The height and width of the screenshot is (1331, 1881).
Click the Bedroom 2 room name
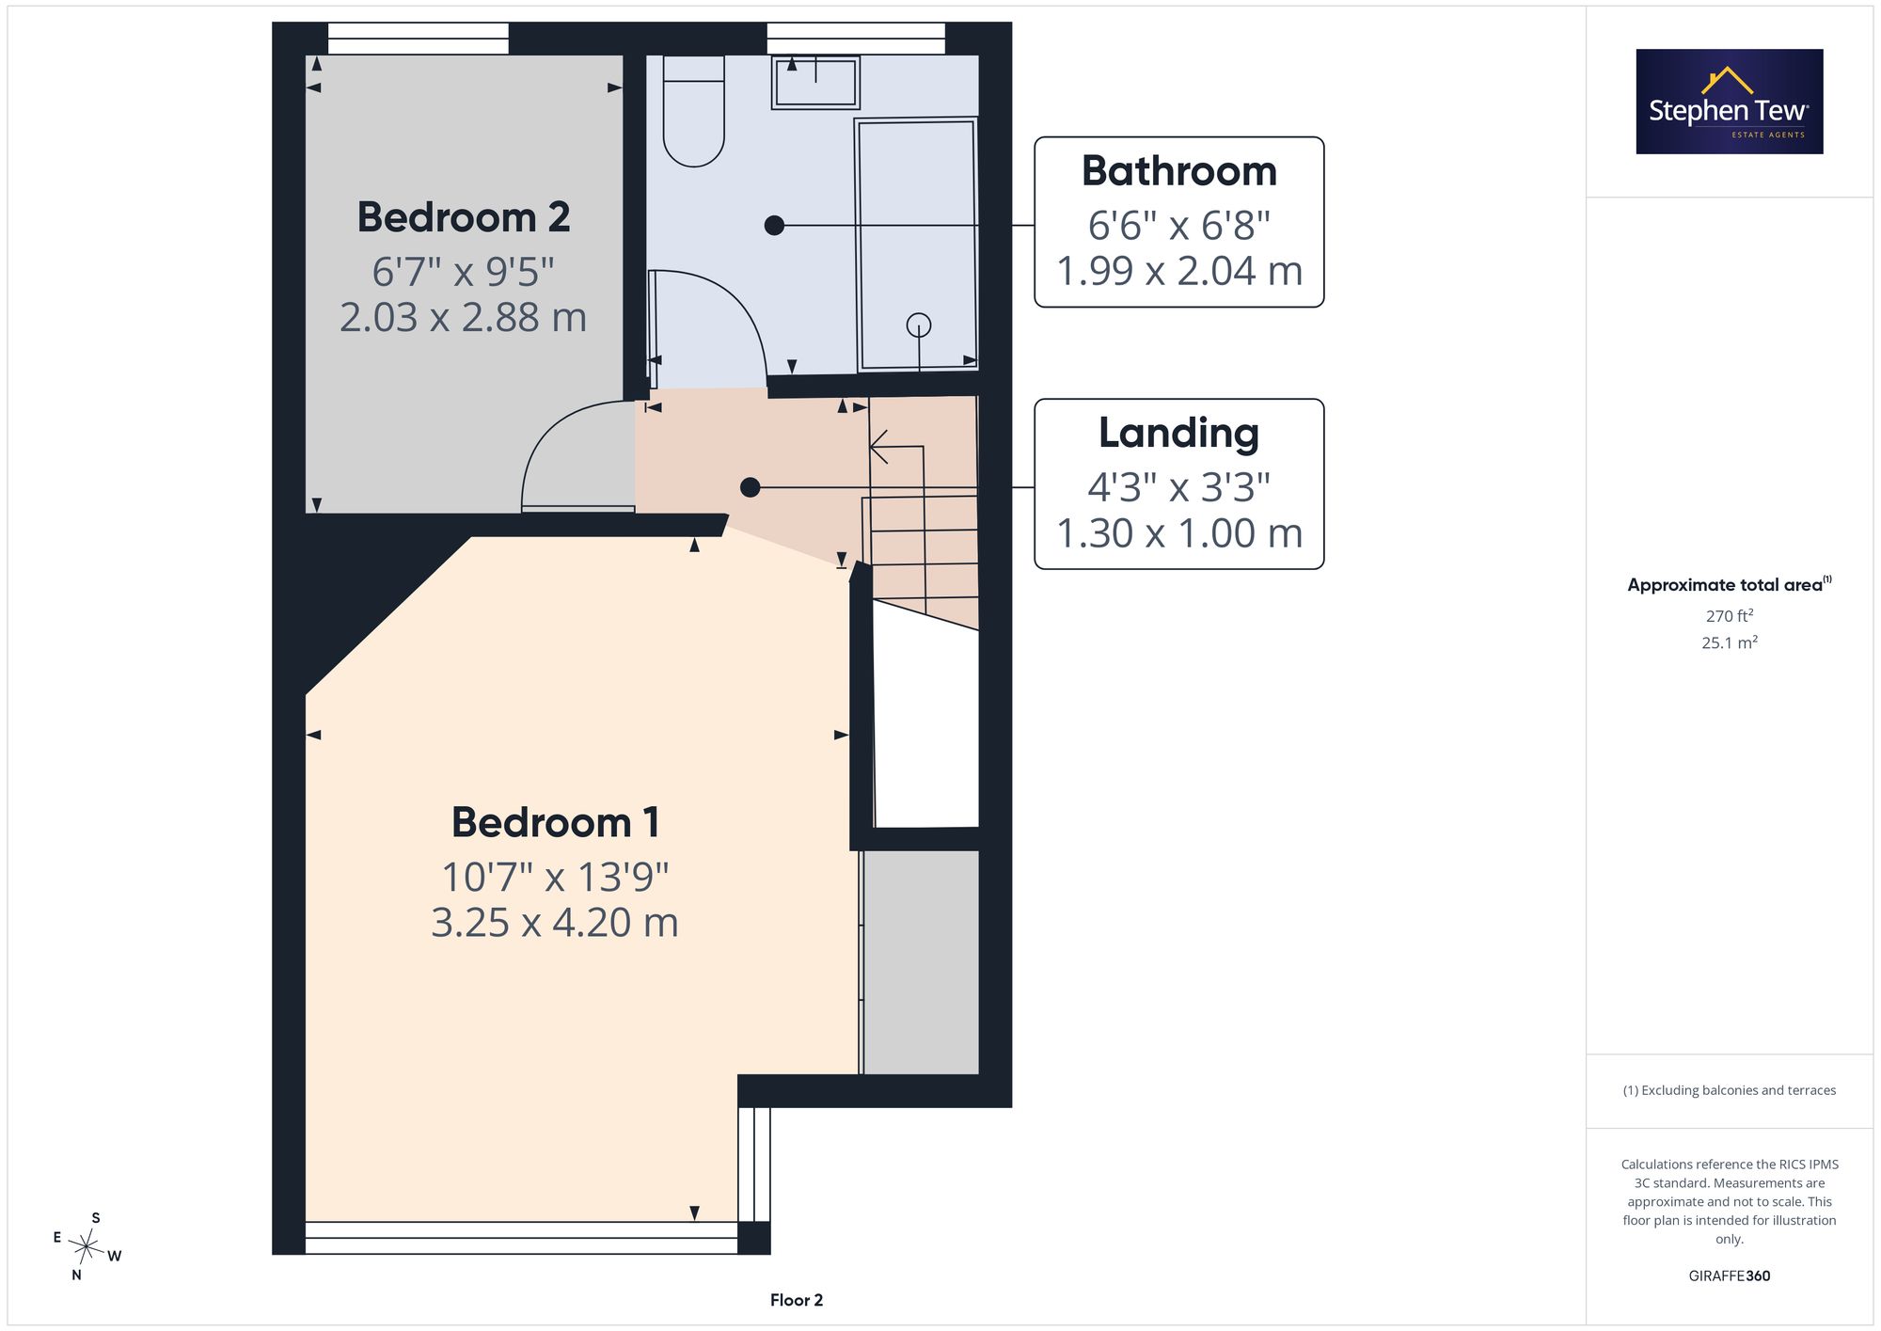pos(464,217)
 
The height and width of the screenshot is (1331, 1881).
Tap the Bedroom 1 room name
pos(555,822)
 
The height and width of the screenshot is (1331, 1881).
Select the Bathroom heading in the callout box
pos(1179,171)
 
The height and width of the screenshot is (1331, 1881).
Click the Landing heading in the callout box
pos(1179,434)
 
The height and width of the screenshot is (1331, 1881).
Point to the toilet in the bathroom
pos(693,110)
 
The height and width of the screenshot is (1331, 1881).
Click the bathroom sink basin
pos(815,82)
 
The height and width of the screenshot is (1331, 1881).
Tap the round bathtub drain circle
pos(919,325)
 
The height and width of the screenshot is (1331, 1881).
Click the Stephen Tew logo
pos(1730,102)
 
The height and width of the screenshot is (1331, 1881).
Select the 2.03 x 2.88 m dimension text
pos(463,317)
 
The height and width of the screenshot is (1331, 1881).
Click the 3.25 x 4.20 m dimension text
pos(555,922)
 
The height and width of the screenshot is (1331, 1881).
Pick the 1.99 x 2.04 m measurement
pos(1179,271)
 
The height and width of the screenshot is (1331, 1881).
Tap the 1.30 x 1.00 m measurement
pos(1179,533)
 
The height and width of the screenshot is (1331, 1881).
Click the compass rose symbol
pos(87,1247)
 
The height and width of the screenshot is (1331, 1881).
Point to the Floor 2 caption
pos(797,1300)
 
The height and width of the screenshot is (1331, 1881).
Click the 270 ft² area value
pos(1730,616)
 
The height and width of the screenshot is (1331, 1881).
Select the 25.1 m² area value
pos(1730,642)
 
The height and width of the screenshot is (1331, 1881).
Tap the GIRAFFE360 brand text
pos(1730,1276)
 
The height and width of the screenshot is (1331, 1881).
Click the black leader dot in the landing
pos(750,487)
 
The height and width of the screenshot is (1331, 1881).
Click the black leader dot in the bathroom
pos(774,226)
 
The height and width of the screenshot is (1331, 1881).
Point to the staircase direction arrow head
pos(877,447)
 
